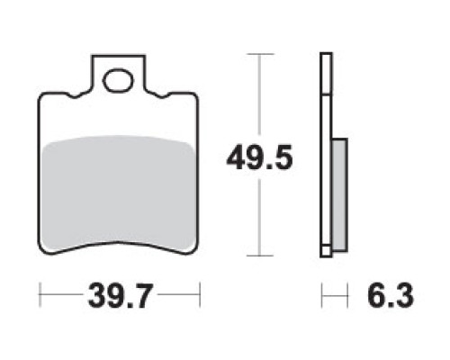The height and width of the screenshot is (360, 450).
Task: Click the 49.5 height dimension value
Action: click(x=259, y=157)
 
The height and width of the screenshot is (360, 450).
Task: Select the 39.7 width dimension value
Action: click(x=119, y=296)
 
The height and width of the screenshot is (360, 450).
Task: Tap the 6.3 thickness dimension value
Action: click(x=391, y=295)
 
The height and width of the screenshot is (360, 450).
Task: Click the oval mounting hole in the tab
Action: click(x=118, y=80)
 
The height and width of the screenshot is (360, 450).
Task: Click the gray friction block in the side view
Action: click(x=340, y=194)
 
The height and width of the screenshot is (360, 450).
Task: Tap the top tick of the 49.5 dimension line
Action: click(x=260, y=54)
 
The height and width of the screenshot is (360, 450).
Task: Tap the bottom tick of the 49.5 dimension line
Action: click(x=260, y=256)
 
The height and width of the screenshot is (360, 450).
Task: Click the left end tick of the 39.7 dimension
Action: click(x=40, y=295)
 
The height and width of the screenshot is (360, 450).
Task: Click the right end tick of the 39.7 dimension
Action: click(x=200, y=295)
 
